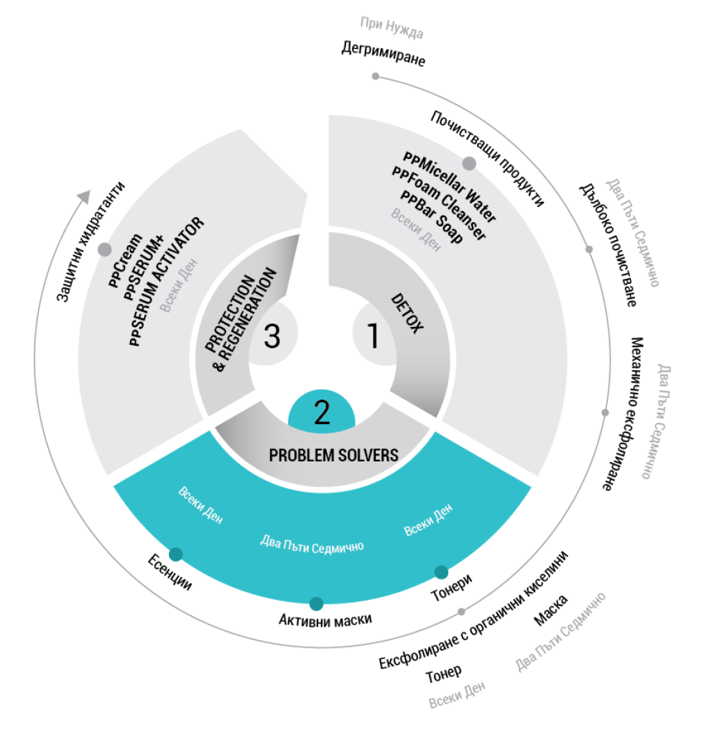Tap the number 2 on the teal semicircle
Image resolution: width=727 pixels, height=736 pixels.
321,413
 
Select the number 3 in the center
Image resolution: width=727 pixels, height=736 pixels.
272,336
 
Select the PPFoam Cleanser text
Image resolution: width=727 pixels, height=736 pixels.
438,203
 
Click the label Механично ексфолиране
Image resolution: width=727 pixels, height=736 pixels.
621,413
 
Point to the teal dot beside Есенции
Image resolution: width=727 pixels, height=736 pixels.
175,554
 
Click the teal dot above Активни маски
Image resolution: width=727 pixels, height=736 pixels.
316,603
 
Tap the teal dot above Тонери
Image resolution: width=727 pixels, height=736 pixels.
441,572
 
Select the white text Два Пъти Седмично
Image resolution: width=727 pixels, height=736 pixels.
312,544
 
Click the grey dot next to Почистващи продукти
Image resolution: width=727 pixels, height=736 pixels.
468,164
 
